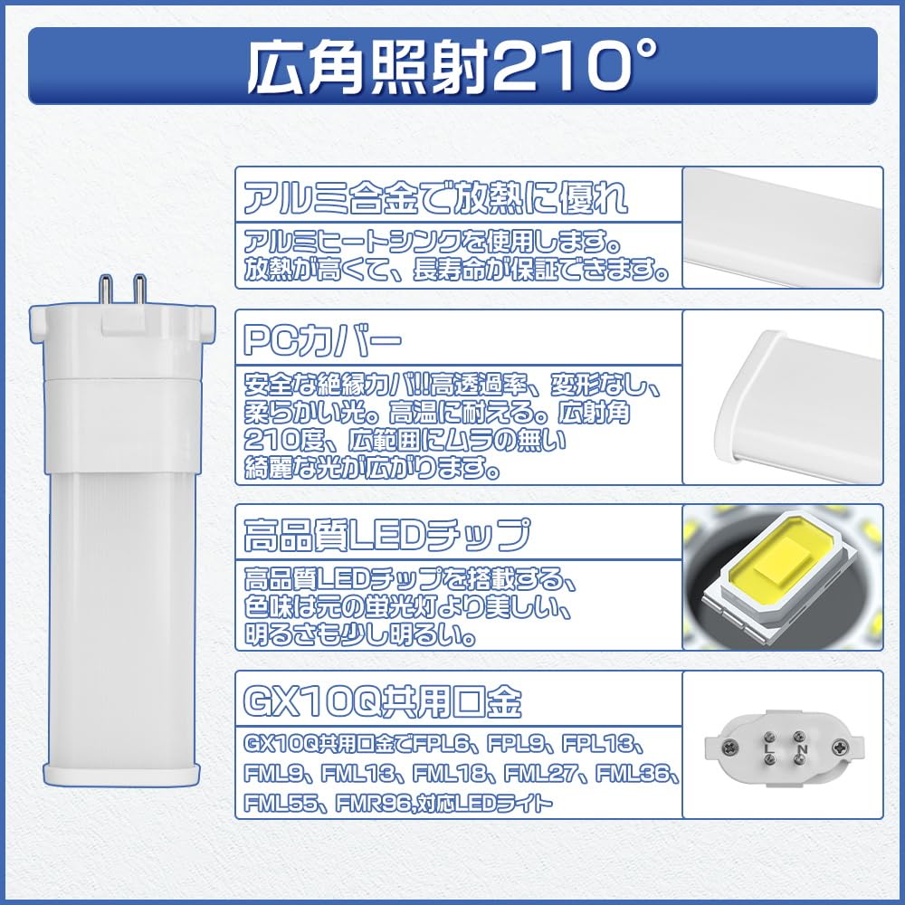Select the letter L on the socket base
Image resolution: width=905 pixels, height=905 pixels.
[767, 749]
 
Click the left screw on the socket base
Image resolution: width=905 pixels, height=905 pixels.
[728, 748]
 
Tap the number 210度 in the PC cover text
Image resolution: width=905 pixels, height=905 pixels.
[281, 442]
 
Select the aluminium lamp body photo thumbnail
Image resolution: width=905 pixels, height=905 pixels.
[782, 228]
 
